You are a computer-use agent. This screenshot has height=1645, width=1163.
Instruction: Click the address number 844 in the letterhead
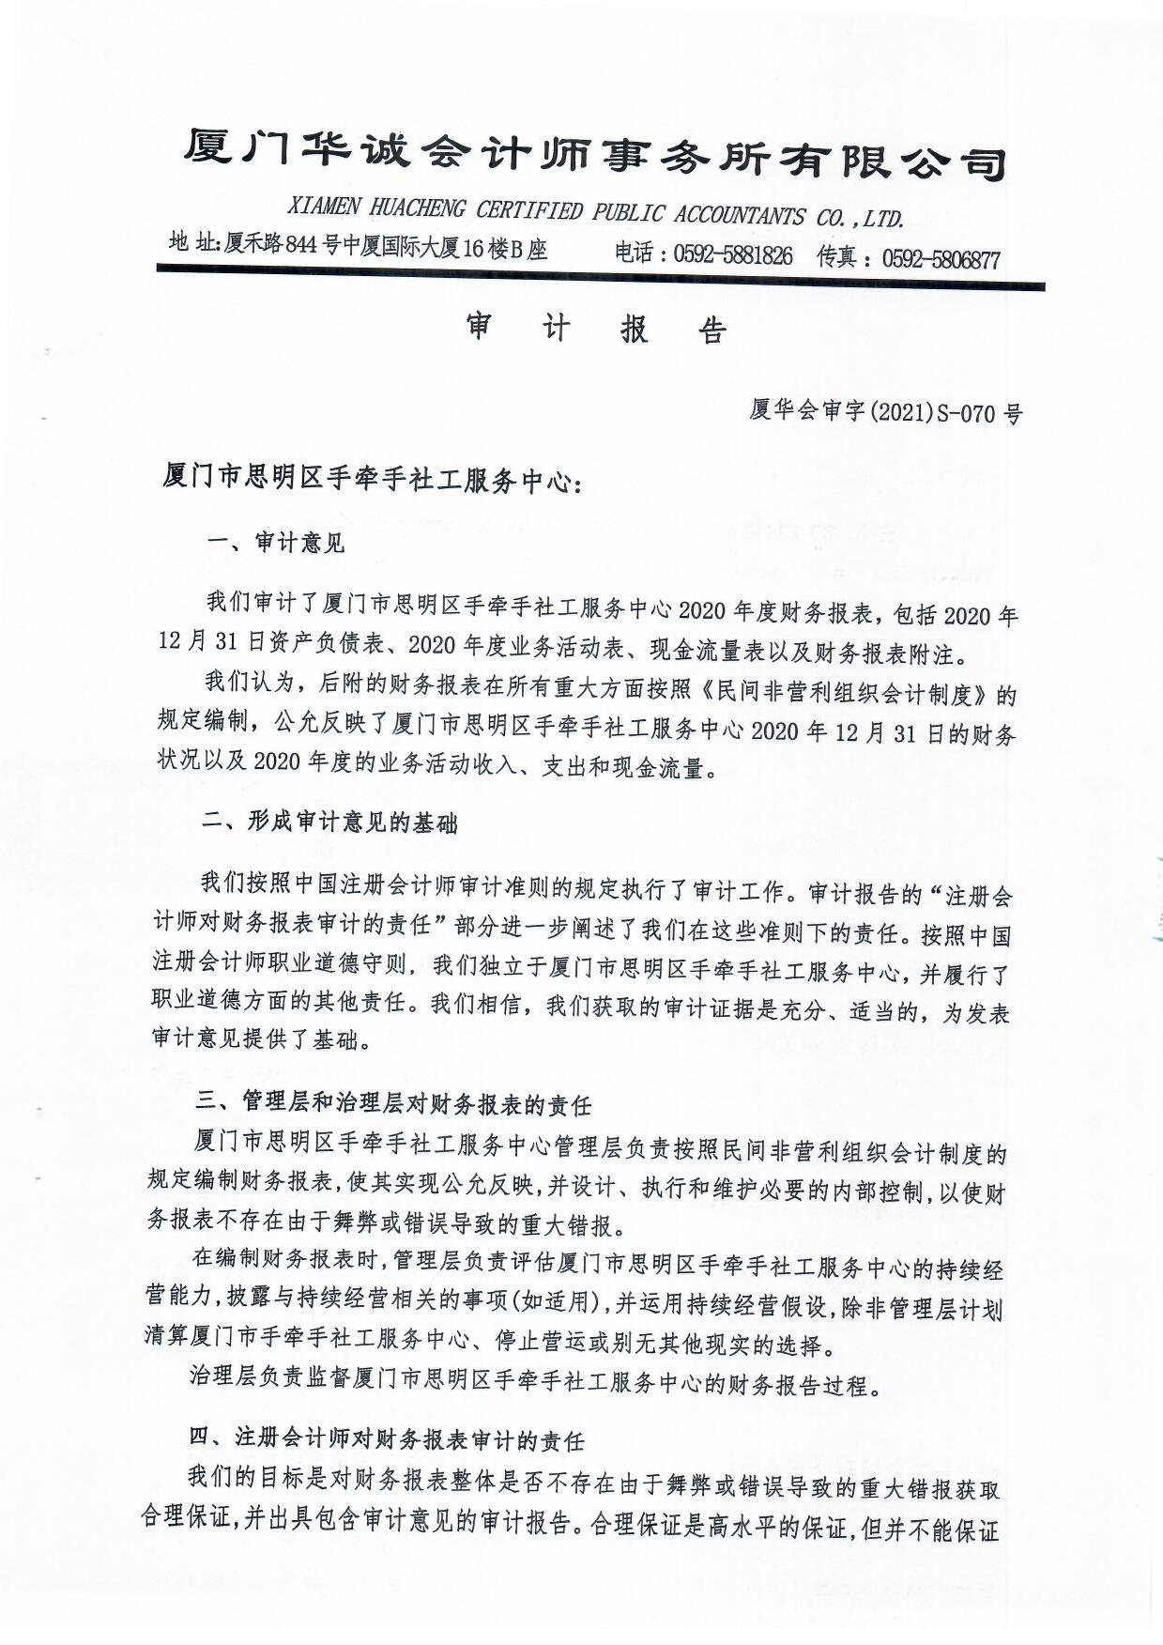pyautogui.click(x=301, y=246)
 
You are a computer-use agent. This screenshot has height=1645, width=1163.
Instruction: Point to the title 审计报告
pyautogui.click(x=597, y=329)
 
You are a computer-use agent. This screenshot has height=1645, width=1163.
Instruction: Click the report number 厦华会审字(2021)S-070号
pyautogui.click(x=885, y=411)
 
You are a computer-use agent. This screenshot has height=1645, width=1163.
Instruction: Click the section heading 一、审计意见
pyautogui.click(x=276, y=543)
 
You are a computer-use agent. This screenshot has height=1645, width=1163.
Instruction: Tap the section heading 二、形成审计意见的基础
pyautogui.click(x=330, y=822)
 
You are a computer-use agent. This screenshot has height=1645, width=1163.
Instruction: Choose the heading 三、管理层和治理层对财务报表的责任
pyautogui.click(x=393, y=1104)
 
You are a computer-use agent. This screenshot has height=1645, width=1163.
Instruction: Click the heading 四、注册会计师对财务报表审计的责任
pyautogui.click(x=387, y=1438)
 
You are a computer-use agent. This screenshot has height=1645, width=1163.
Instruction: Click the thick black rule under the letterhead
pyautogui.click(x=601, y=279)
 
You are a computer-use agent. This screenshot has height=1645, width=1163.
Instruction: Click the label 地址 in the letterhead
pyautogui.click(x=192, y=242)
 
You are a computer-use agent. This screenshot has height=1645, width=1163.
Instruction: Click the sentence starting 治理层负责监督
pyautogui.click(x=535, y=1384)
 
